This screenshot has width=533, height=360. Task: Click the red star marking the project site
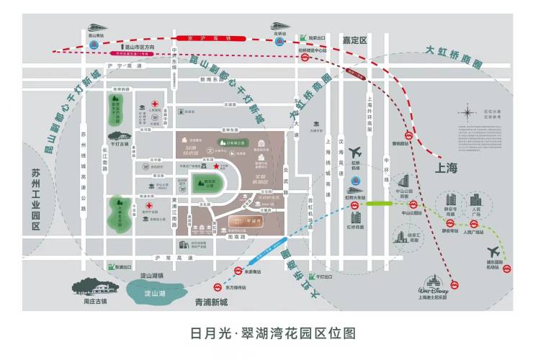215,166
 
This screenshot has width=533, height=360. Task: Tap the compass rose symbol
469,113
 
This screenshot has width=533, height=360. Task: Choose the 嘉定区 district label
355,40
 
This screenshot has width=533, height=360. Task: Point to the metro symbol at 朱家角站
238,271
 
